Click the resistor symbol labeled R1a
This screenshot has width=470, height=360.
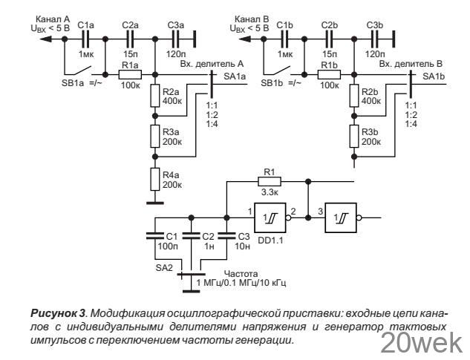click(x=130, y=75)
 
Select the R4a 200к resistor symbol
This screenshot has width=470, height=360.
click(x=155, y=179)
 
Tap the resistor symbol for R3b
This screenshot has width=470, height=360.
click(x=354, y=137)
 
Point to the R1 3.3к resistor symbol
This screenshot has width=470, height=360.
click(x=270, y=181)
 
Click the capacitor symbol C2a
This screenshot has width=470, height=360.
click(x=130, y=39)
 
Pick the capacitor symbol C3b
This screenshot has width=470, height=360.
click(x=374, y=39)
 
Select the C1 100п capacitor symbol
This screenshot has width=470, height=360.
click(x=155, y=236)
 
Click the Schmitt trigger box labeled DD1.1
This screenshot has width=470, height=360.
click(x=270, y=217)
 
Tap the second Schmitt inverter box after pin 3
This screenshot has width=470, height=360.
click(x=341, y=217)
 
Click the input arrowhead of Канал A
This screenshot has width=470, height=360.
click(x=45, y=39)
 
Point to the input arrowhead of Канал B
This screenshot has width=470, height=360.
click(x=244, y=39)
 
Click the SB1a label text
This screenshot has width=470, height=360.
click(x=73, y=83)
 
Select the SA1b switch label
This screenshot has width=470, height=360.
click(x=434, y=76)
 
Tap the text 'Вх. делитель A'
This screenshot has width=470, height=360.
click(x=212, y=64)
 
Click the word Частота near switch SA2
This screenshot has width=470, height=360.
click(x=241, y=274)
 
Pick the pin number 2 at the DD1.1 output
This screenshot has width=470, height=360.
click(x=293, y=212)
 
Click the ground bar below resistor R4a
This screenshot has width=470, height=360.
click(x=155, y=203)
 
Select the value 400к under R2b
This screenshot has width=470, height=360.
click(x=371, y=101)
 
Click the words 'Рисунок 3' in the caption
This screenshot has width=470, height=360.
click(x=58, y=313)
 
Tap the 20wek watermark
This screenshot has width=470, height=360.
click(x=422, y=343)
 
